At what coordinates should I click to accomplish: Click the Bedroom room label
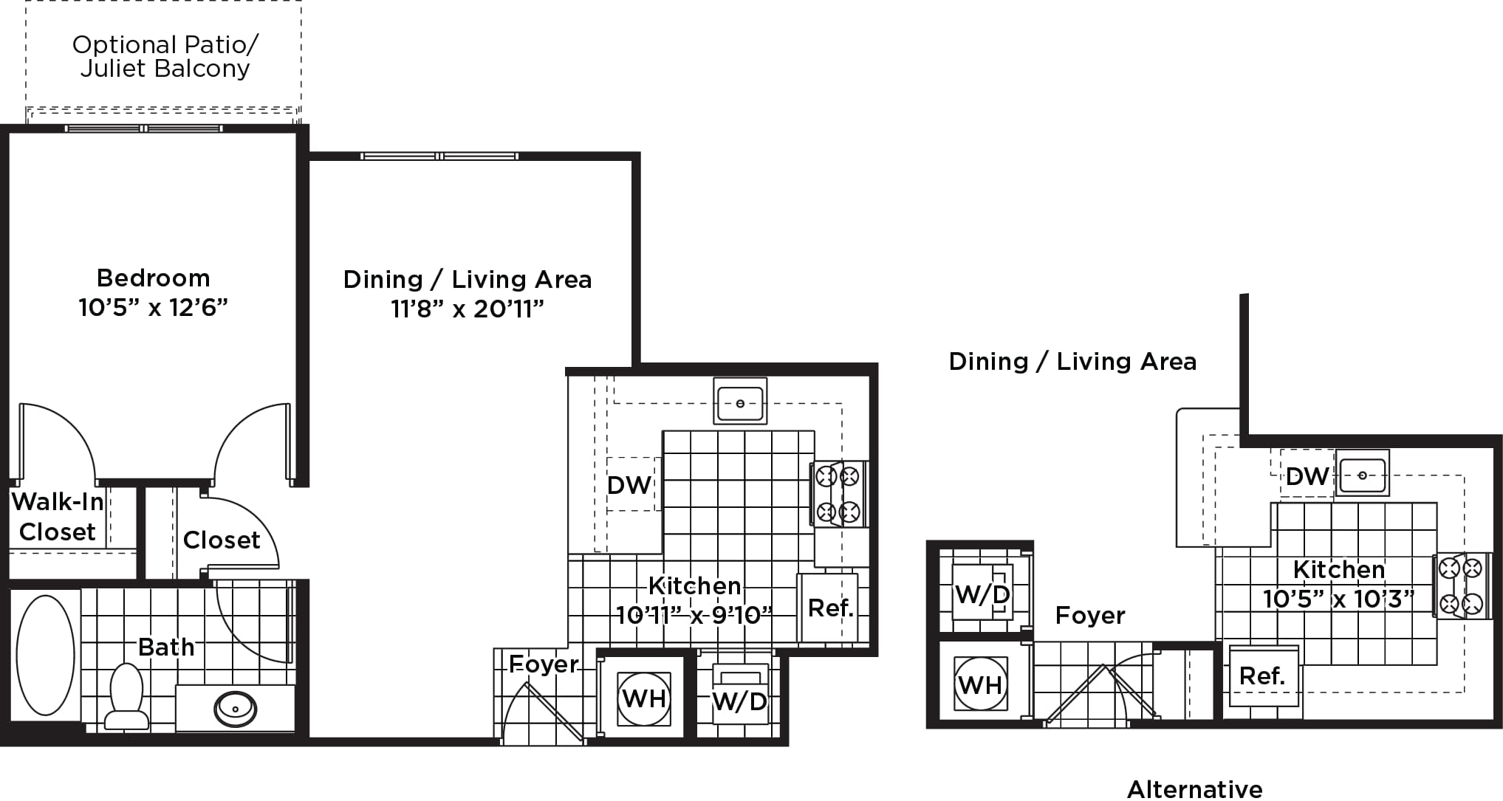(154, 278)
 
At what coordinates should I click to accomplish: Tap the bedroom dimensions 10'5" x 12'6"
(154, 307)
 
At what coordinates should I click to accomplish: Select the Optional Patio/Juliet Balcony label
(165, 56)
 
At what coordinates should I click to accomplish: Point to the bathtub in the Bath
(45, 655)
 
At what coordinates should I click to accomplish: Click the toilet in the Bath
(126, 695)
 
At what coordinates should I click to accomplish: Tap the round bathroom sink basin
(235, 709)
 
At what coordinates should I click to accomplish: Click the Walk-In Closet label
(58, 517)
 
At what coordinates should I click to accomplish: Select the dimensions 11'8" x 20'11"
(467, 309)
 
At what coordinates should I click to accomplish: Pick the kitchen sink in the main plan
(740, 402)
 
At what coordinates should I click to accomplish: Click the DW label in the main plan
(629, 485)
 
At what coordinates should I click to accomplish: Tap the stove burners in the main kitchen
(838, 494)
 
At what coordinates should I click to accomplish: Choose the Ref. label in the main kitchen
(831, 608)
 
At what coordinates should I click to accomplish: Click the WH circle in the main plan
(644, 698)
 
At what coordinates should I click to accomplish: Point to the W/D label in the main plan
(740, 701)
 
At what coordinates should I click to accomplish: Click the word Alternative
(1194, 789)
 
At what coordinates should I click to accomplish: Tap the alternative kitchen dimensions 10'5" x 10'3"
(1338, 599)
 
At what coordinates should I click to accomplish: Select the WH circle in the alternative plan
(980, 684)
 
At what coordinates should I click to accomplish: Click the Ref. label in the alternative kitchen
(1262, 676)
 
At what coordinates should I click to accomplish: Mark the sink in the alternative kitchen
(1363, 473)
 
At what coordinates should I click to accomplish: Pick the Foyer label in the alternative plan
(1090, 616)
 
